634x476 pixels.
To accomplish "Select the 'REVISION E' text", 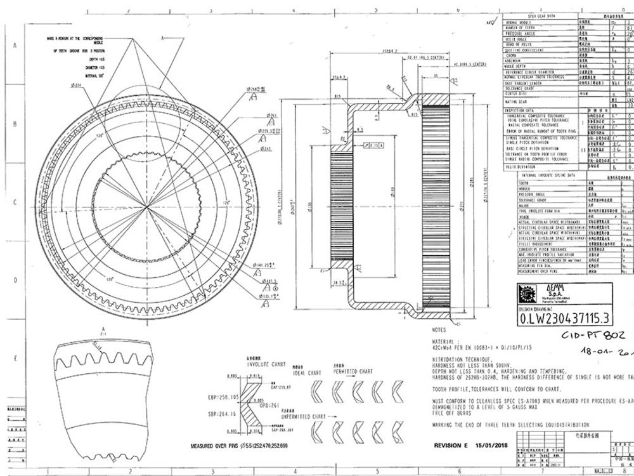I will tap(453, 446).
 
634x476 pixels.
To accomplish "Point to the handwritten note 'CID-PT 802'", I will tap(592, 335).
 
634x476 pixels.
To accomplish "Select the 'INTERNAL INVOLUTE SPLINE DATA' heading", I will tap(548, 173).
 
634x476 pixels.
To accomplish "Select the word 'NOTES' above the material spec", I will tap(439, 330).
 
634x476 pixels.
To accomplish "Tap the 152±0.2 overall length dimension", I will tap(388, 50).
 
